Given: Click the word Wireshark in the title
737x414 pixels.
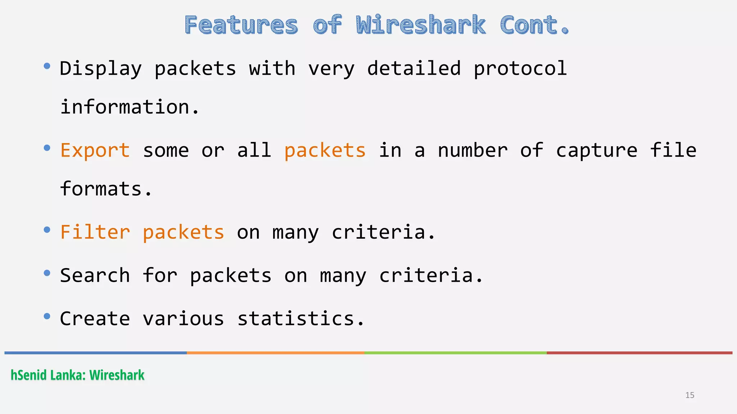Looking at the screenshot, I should (421, 25).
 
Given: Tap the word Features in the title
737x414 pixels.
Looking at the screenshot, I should (241, 25).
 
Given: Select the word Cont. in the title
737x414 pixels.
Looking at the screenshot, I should (534, 25).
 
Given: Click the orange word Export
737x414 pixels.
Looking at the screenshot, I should (95, 150).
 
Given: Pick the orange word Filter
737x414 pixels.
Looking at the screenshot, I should (95, 232).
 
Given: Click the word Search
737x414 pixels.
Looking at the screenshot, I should (95, 275).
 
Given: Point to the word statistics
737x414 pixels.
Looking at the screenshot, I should (301, 318).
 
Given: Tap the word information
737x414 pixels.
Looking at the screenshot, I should (130, 107).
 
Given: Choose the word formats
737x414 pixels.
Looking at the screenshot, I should (106, 189).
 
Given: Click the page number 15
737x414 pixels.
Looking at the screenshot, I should (689, 395).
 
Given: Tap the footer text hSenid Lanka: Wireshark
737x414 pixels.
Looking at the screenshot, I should (77, 375).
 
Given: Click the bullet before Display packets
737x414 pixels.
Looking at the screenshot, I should (47, 66).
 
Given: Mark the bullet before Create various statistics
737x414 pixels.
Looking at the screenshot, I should (47, 316).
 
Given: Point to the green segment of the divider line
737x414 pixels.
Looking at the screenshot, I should (455, 353).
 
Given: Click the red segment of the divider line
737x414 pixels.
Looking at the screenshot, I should (639, 353).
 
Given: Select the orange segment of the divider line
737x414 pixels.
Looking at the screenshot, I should (275, 353).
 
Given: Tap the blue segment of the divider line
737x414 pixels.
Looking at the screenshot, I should (95, 353).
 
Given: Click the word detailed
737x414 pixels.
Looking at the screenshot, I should (414, 68).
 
